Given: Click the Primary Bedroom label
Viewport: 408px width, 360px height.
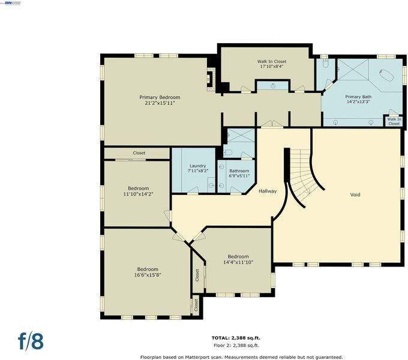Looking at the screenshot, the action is pos(160,97).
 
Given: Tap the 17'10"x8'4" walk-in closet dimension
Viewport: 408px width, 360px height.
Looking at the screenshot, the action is pos(272,67).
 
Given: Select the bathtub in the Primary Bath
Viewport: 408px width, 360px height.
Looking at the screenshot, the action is pos(385,75).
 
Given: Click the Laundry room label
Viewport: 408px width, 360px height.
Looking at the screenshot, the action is pos(198,166).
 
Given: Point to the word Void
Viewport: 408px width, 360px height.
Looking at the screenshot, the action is pos(355,194).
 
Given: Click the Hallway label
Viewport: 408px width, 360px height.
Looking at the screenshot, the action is pos(268,191).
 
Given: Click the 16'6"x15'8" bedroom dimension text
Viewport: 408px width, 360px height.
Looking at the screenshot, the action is pos(148,275).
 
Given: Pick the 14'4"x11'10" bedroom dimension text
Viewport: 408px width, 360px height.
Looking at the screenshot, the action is pos(238,262).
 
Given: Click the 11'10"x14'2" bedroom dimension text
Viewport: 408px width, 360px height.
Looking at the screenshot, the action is pos(138,194).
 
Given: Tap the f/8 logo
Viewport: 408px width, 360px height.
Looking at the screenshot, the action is pos(31,340).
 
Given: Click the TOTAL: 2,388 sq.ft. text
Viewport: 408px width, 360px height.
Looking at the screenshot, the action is pos(236,338).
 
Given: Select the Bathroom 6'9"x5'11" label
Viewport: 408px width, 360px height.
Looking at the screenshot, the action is pos(239,173).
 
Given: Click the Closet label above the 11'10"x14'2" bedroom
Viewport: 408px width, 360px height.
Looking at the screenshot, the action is pos(139,153).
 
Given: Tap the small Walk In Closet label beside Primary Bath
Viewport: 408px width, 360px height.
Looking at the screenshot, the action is pos(394,121).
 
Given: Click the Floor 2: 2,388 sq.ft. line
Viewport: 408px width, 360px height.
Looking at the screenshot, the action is pos(236,346).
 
